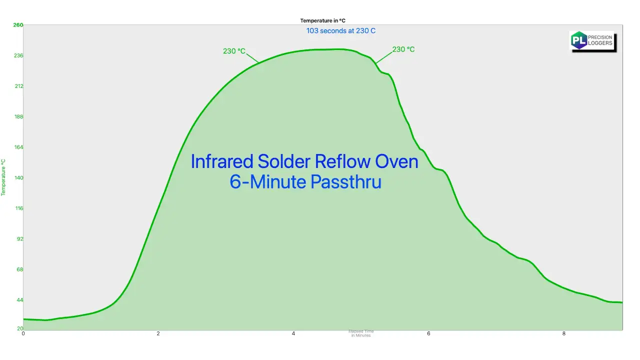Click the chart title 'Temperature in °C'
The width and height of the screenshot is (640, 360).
(322, 20)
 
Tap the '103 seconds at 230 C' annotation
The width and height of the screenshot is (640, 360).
(341, 30)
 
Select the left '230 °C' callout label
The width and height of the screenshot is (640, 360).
(234, 51)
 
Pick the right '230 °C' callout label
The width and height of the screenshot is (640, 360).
(403, 49)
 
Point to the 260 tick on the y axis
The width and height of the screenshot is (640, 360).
(18, 24)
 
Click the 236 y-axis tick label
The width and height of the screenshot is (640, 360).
(18, 55)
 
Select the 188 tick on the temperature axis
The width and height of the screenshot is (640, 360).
(18, 116)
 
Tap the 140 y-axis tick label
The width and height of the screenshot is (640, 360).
(18, 177)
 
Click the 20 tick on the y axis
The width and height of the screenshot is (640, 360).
(19, 328)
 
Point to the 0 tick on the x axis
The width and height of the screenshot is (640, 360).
(23, 333)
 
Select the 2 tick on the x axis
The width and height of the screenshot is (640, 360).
(158, 333)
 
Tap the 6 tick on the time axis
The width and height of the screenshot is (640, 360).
(428, 333)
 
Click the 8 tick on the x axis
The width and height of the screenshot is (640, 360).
(563, 333)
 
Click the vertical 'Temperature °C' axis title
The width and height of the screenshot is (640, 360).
(3, 177)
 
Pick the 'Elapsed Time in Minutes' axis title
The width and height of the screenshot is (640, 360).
(361, 333)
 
